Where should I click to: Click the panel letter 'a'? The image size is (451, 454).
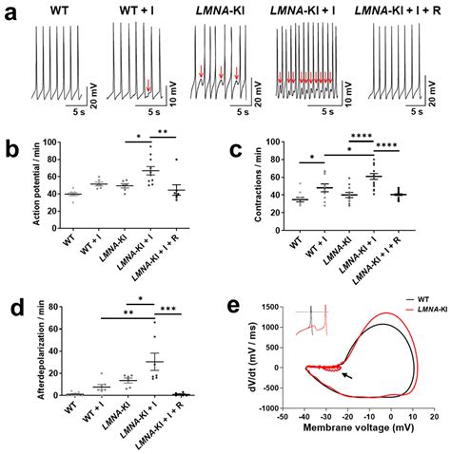(10, 12)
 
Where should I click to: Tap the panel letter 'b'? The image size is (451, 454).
(10, 149)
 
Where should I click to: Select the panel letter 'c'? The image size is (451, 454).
(237, 149)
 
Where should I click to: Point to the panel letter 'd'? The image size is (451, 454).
(10, 309)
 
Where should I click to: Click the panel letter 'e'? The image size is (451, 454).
(237, 309)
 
